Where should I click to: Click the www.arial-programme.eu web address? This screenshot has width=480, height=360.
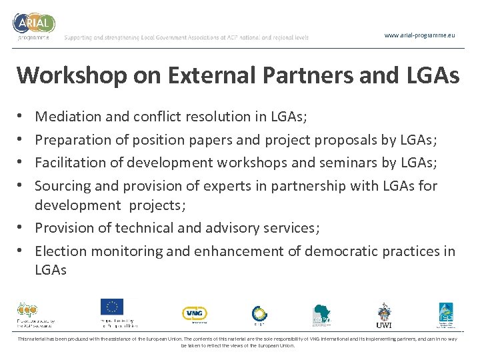coord(420,35)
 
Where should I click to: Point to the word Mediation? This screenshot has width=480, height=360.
coord(68,117)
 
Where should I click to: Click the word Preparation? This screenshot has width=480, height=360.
coord(73,139)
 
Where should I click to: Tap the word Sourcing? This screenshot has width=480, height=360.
coord(61,185)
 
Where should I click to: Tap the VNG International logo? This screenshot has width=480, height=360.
coord(195,313)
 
